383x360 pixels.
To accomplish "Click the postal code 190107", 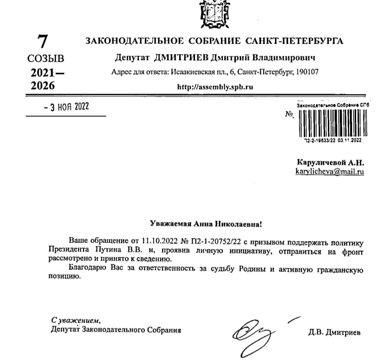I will (x=306, y=71).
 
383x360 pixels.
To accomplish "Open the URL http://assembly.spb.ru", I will (x=215, y=86).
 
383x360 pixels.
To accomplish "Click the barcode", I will (x=332, y=123).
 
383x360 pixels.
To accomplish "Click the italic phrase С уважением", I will (x=75, y=320).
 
